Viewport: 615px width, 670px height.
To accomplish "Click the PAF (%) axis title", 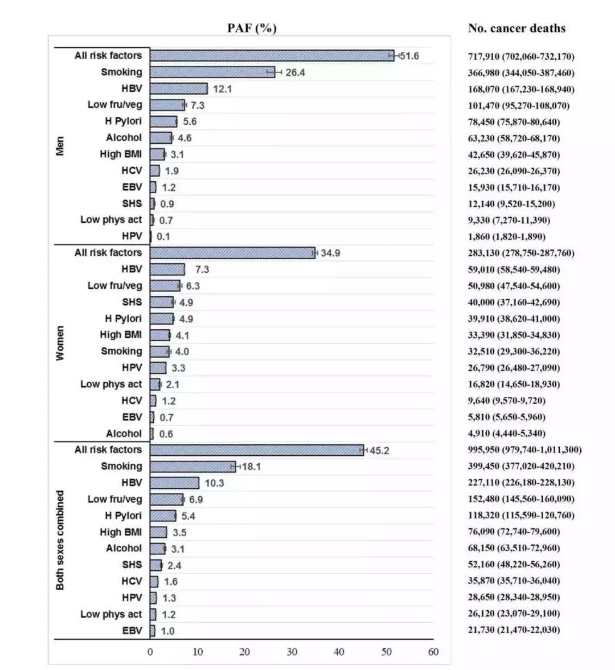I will (252, 28).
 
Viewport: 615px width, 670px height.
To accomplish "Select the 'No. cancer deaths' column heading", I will (516, 28).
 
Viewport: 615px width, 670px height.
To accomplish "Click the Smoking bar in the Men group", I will (212, 72).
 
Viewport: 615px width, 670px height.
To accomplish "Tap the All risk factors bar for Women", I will (232, 253).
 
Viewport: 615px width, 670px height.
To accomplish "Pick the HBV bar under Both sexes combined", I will (174, 483).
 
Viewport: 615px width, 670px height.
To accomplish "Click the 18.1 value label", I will (251, 467).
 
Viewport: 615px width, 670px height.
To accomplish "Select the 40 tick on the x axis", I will (339, 652).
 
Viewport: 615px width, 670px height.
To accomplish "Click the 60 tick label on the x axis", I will (433, 652).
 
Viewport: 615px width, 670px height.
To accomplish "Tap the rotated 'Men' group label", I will (60, 146).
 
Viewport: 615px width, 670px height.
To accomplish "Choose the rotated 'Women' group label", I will (60, 343).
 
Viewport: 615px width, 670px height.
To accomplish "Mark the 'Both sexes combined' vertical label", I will (60, 540).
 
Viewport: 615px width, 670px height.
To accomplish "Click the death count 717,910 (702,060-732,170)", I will (521, 56).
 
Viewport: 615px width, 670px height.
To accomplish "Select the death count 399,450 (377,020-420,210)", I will (521, 467).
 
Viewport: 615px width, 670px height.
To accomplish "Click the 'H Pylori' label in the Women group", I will (123, 318).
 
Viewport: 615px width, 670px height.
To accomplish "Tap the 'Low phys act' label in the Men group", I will (111, 220).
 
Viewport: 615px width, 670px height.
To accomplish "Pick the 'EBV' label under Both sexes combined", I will (132, 631).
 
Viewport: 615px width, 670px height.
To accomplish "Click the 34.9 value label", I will (330, 253).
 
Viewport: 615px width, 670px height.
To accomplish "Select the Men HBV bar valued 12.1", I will (179, 89).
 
